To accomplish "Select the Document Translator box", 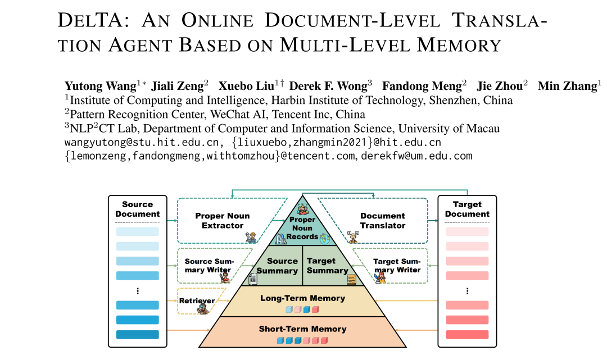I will coord(382,221).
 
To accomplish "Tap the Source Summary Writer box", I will coord(207,265).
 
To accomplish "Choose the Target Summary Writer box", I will coord(397,265).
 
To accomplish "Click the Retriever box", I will coord(197,300).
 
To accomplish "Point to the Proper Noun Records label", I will coord(303,228).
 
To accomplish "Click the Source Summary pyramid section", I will coord(278,266).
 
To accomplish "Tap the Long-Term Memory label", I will coord(302,298).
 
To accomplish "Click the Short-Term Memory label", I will coord(302,329).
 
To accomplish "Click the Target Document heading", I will coord(467,209).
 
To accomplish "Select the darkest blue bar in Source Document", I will coord(137,335).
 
